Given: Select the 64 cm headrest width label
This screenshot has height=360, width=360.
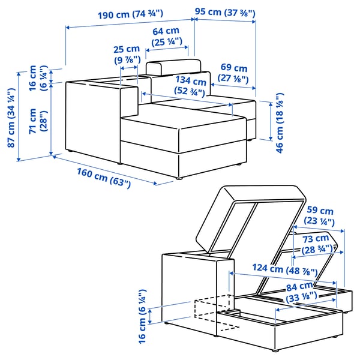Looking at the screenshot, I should [x=166, y=36].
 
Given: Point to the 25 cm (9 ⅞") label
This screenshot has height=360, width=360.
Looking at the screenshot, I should [x=127, y=55].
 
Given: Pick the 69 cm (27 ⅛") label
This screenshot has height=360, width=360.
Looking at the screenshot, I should [x=233, y=73].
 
